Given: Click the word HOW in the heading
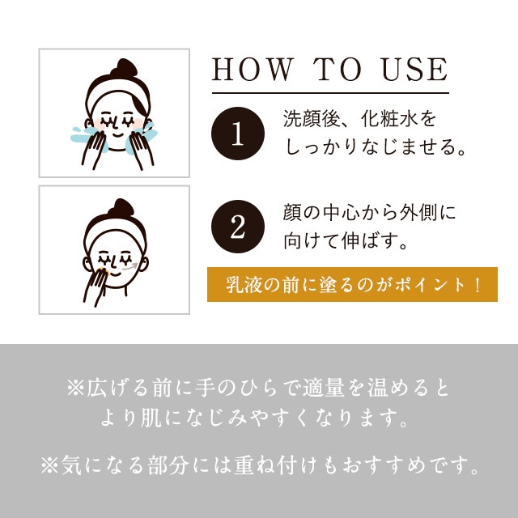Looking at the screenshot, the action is pos(253,70).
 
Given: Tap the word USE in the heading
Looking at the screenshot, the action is pos(414,70).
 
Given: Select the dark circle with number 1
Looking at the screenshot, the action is pos(238,134).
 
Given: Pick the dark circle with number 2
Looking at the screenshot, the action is pos(238,227).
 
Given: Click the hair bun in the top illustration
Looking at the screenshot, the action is pos(124,68).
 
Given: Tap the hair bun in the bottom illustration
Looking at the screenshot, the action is pos(121,207).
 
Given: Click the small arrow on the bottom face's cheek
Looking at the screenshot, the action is pos(129,267).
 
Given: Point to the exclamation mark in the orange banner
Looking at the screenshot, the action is pos(477,285).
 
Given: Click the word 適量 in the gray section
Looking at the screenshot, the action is pos(324,387).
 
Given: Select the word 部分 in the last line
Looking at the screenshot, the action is pos(168,465).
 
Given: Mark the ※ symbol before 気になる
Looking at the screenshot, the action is pos(49,465).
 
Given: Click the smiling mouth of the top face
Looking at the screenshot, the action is pos(117,135).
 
